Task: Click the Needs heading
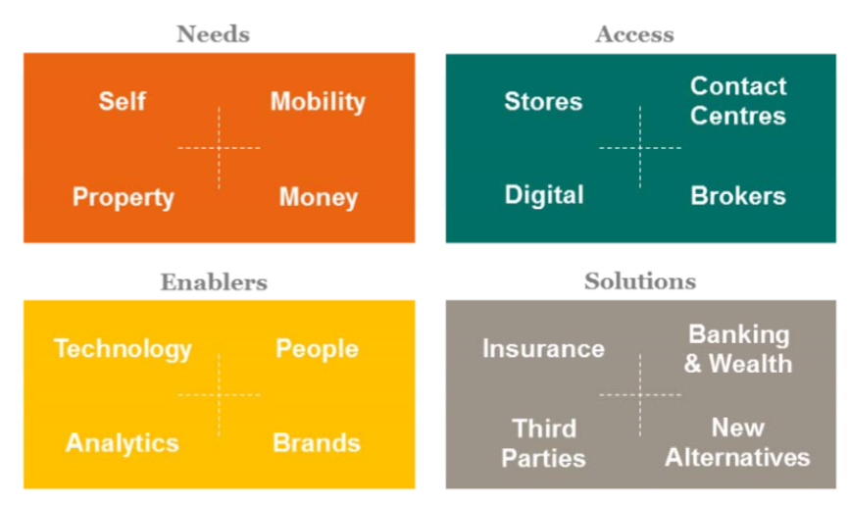pos(213,34)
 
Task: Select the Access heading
pos(634,34)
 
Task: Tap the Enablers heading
pos(214,282)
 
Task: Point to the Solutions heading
pos(640,281)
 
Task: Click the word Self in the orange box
pos(123,101)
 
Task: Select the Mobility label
pos(318,102)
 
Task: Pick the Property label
pos(124,198)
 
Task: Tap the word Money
pos(319,198)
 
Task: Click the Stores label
pos(543,101)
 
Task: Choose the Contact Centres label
pos(738,101)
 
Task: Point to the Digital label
pos(544,195)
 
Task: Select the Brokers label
pos(738,196)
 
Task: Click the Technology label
pos(123,349)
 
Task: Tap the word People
pos(317,349)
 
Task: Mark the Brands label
pos(317,443)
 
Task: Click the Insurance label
pos(544,349)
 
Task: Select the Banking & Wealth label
pos(738,349)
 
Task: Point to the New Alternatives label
pos(737,442)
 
